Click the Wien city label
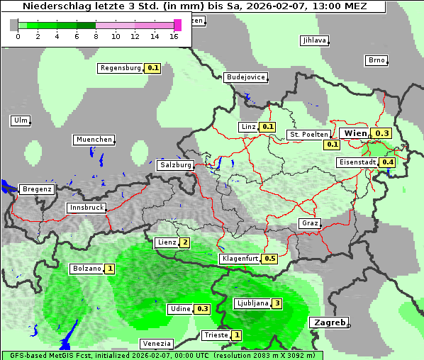355,133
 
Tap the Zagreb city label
329,322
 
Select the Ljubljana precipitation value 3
277,303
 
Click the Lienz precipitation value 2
184,242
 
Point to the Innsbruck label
86,208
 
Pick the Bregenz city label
37,189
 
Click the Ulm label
21,120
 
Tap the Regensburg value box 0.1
152,69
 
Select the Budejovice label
245,77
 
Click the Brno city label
376,60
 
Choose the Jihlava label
313,40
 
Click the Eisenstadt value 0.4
387,162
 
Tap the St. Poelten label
308,135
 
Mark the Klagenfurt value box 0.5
269,259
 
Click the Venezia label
156,344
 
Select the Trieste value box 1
237,335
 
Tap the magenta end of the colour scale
177,25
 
